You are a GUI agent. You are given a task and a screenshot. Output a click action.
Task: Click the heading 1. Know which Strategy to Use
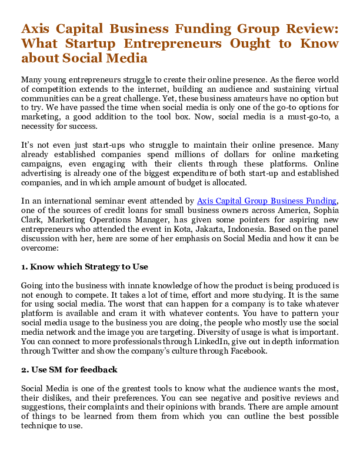[x=84, y=267]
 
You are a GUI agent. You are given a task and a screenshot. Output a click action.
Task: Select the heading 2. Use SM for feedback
[x=69, y=370]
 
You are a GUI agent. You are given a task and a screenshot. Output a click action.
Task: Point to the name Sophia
[x=323, y=210]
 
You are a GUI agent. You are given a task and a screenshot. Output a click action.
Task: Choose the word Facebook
[x=247, y=351]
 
